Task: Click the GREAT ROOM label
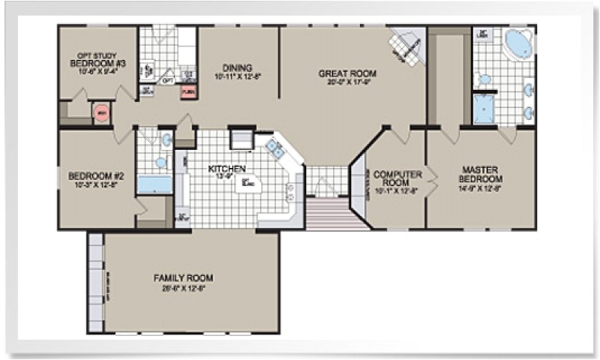(x=347, y=73)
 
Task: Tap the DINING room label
(x=237, y=67)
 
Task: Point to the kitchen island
(x=244, y=184)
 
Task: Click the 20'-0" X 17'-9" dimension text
(x=347, y=83)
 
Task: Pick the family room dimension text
(x=179, y=287)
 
